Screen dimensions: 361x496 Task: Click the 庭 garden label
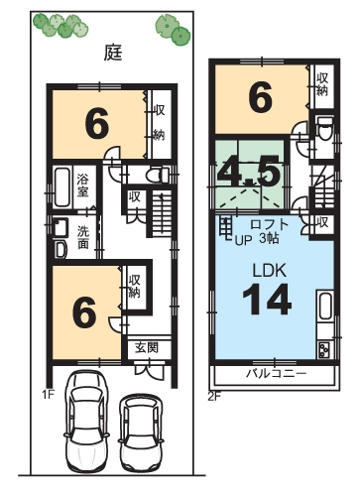point(113,53)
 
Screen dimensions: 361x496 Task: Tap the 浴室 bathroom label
point(83,186)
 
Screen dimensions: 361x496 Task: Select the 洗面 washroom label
point(82,237)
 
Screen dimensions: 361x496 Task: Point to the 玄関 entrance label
point(147,347)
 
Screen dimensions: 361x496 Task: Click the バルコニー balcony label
point(277,374)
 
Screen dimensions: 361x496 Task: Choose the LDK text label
point(269,270)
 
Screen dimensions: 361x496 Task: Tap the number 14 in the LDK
point(267,301)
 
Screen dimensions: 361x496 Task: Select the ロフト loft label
point(270,224)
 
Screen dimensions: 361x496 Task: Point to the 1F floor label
point(48,394)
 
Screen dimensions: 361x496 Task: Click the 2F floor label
point(214,396)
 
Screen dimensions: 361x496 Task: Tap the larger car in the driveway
point(86,423)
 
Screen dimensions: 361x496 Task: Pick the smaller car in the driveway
point(141,433)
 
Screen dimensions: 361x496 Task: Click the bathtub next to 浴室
point(62,187)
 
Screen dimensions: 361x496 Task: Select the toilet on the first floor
point(157,175)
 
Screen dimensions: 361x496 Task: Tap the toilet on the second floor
point(324,127)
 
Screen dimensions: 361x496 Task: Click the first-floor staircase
point(162,213)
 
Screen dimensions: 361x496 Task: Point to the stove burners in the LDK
point(324,349)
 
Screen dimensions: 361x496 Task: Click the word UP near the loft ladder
point(243,240)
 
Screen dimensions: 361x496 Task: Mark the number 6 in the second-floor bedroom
point(261,97)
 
